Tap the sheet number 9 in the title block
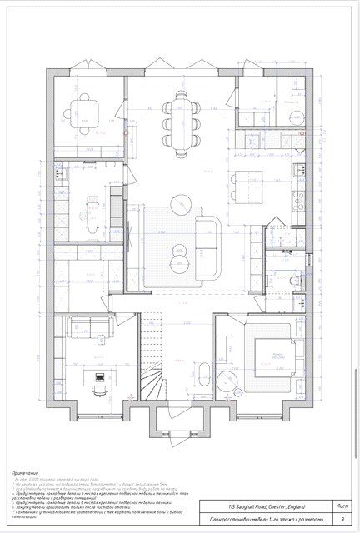342,518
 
